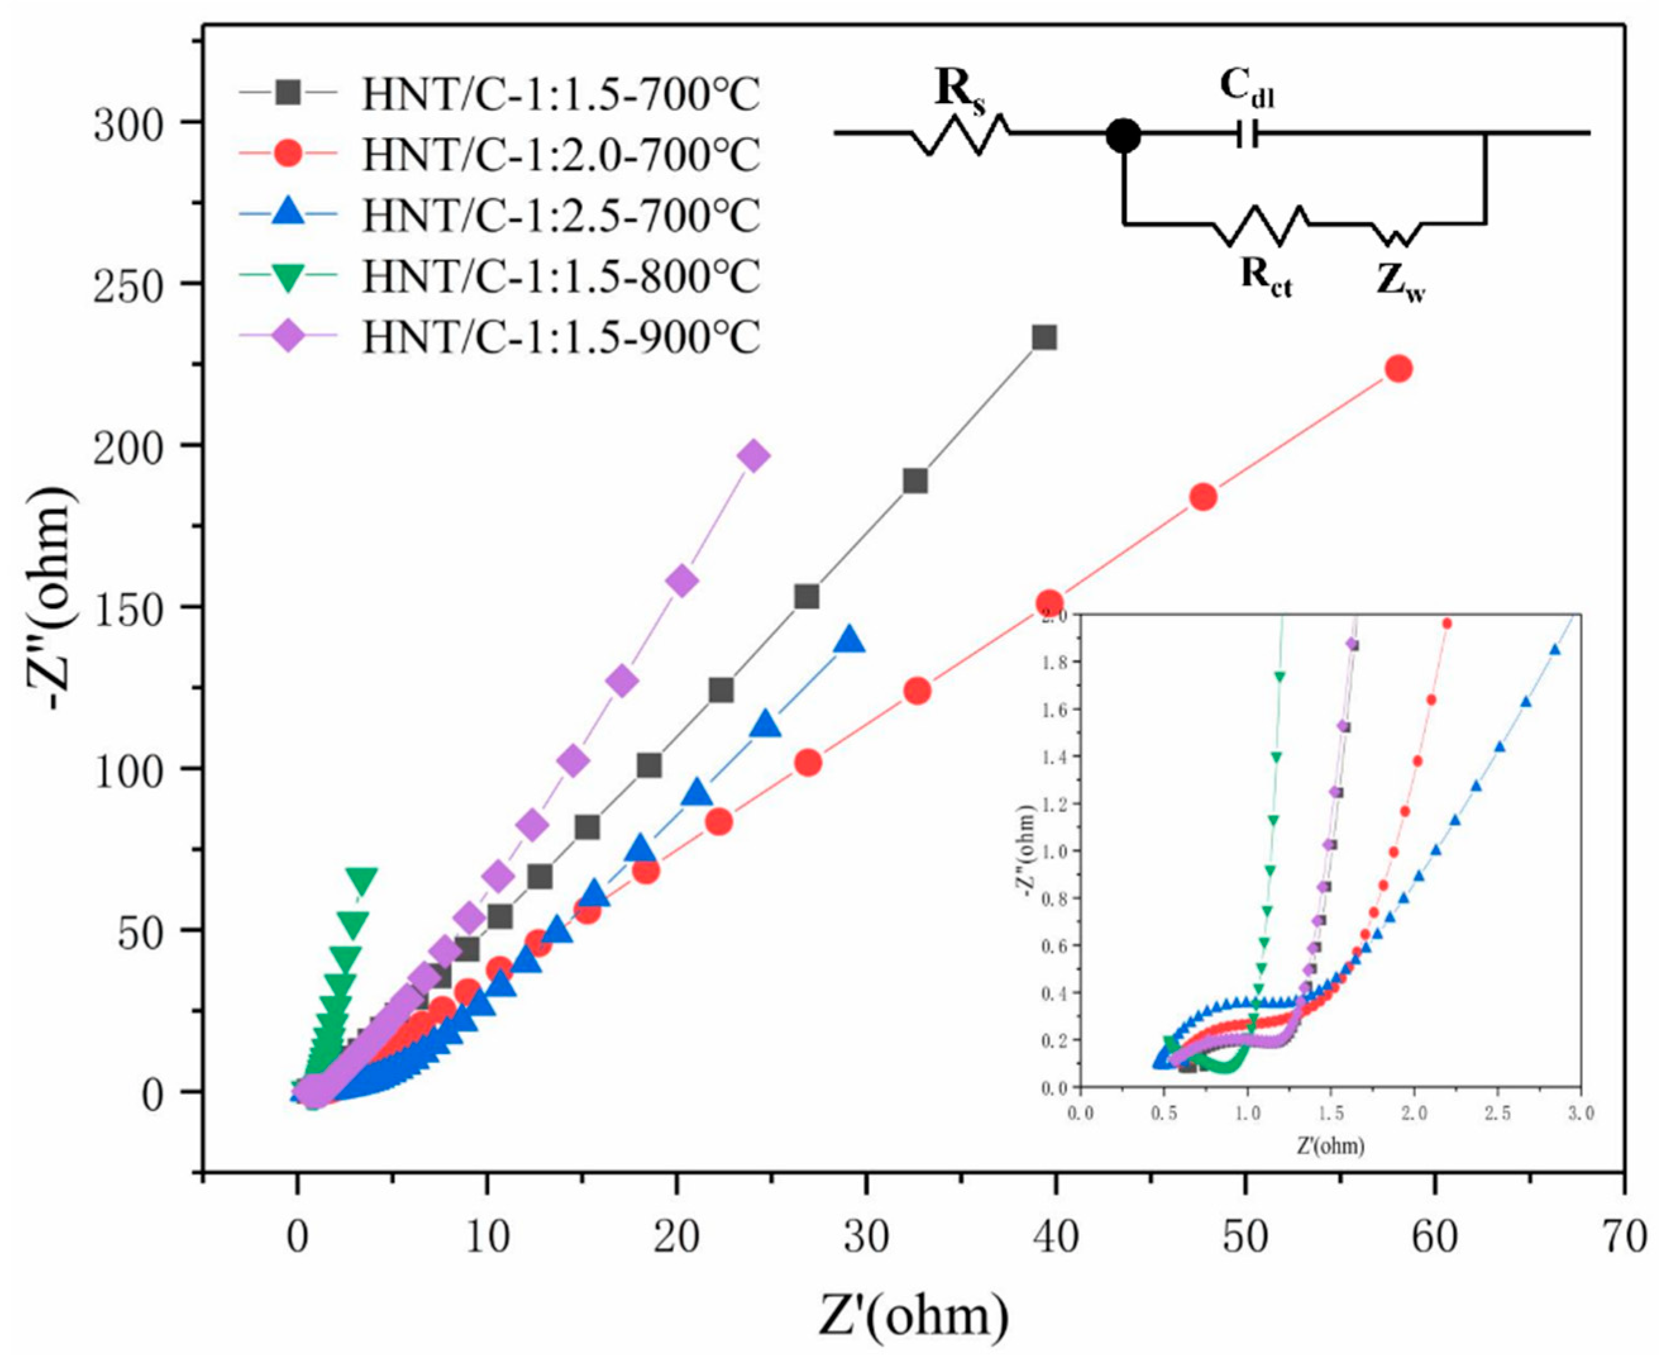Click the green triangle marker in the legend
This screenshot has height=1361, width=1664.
click(x=288, y=276)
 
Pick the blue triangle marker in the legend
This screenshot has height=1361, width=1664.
click(x=288, y=214)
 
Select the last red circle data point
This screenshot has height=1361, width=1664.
click(x=1399, y=369)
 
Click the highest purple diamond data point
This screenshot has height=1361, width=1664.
click(x=755, y=455)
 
